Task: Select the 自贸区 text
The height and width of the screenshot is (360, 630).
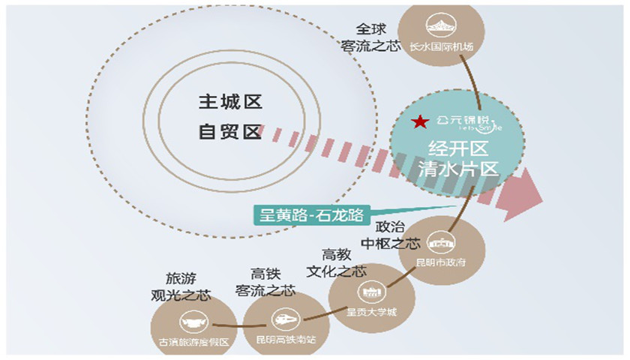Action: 229,133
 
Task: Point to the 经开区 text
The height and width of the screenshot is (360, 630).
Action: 457,146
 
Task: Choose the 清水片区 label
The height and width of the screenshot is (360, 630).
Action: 457,169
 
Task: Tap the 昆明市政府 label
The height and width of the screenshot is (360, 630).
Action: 442,263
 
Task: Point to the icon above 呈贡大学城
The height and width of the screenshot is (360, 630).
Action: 370,290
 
